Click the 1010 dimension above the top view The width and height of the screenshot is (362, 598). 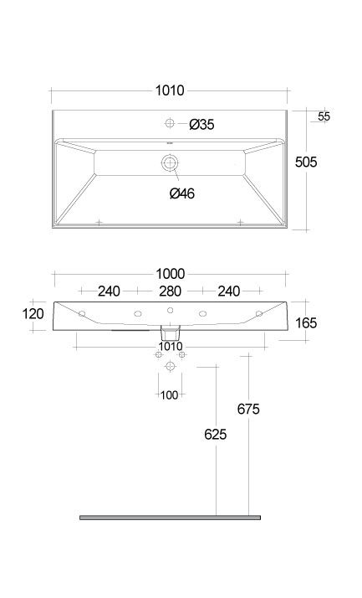pos(170,90)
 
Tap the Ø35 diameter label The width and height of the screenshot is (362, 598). pos(201,124)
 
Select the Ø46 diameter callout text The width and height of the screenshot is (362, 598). pos(182,193)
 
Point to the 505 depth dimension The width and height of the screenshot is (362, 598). pos(306,162)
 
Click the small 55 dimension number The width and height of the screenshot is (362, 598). pos(324,116)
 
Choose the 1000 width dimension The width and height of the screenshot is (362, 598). pos(171,274)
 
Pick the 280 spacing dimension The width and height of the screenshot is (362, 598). pos(170,291)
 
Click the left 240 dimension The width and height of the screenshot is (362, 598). pos(109,291)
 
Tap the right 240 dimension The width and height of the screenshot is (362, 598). pos(229,291)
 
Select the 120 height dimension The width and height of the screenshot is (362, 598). pos(33,314)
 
